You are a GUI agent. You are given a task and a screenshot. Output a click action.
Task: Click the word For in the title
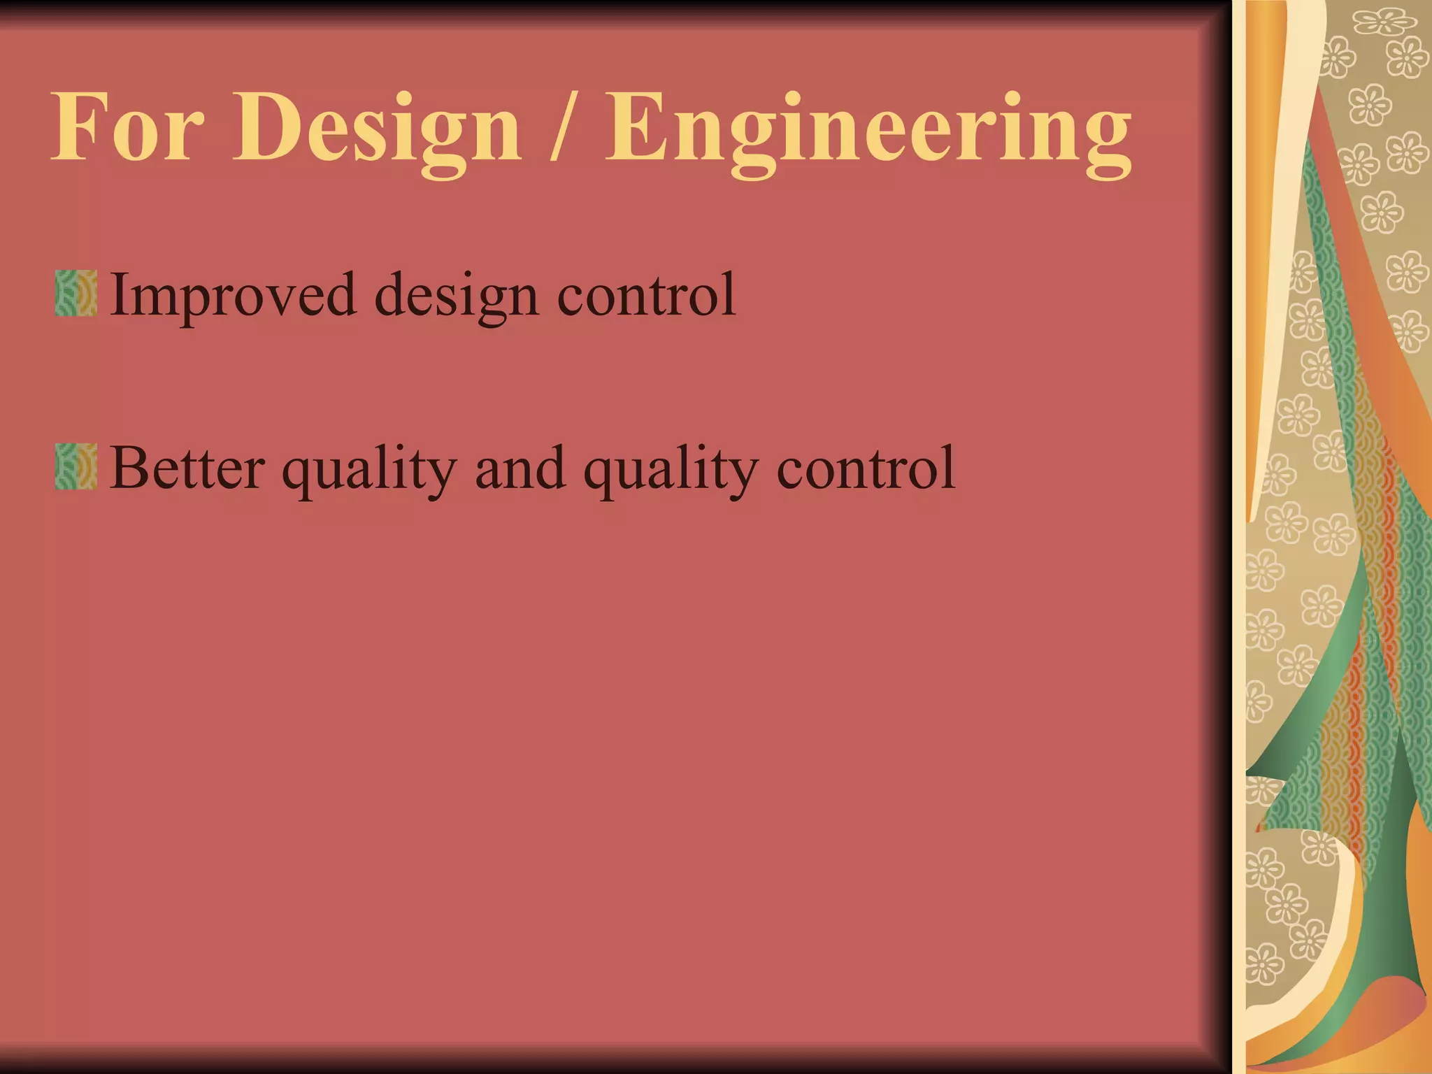128,127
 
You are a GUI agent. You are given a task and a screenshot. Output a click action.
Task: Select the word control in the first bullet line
646,294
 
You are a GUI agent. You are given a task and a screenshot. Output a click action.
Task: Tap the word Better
187,468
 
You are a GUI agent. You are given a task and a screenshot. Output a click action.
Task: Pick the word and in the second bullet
520,468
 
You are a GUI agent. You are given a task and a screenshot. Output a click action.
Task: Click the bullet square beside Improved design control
76,294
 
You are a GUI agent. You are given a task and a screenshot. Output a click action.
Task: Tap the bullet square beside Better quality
76,466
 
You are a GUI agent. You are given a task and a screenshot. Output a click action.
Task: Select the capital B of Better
130,467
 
